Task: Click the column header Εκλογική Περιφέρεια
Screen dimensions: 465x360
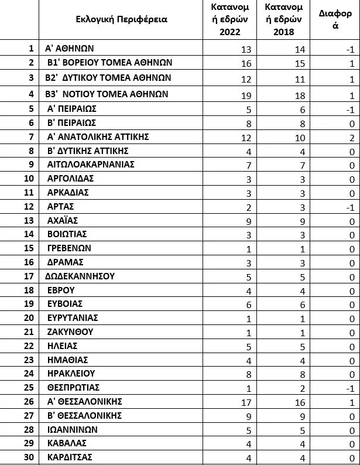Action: tap(121, 19)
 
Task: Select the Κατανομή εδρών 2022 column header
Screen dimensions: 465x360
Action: tap(230, 19)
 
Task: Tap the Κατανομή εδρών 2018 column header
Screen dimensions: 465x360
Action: tap(283, 19)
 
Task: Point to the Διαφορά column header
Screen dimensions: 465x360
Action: tap(335, 19)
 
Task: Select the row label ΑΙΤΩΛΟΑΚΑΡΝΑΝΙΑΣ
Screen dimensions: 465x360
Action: tap(91, 165)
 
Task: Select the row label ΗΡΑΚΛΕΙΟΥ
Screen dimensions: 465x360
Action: tap(71, 374)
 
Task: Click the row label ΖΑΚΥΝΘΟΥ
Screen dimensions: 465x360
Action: tap(70, 332)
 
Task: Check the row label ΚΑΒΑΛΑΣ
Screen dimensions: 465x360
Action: tap(67, 443)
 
